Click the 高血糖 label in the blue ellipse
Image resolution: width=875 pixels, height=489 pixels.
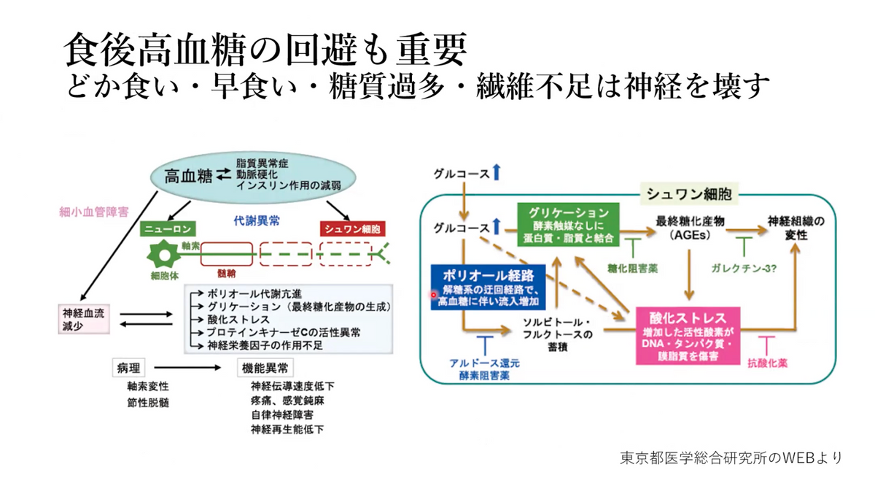coord(184,175)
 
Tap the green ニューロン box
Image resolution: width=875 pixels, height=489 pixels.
coord(168,228)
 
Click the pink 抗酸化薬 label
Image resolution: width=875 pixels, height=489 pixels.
coord(768,361)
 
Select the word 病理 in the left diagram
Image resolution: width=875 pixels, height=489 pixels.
coord(127,368)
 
